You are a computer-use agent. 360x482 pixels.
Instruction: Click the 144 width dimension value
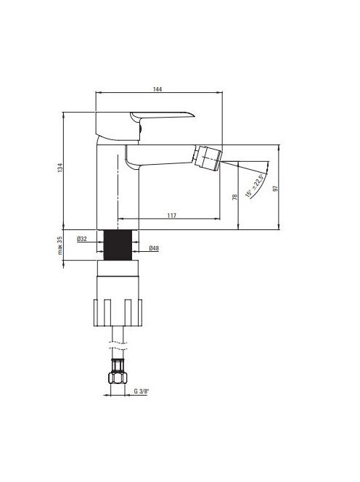(157, 89)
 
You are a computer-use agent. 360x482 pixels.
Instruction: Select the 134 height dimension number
(60, 168)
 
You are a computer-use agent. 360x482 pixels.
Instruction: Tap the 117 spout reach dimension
(172, 216)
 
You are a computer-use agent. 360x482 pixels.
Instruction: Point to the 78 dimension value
(234, 197)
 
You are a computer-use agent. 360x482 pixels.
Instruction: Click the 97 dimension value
(276, 188)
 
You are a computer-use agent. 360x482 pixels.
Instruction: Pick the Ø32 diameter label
(82, 239)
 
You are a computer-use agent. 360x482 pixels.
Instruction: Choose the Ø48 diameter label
(154, 248)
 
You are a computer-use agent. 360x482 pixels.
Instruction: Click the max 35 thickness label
(60, 245)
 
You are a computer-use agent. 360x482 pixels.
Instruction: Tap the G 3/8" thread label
(141, 391)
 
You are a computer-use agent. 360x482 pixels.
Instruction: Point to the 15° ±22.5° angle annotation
(255, 186)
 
